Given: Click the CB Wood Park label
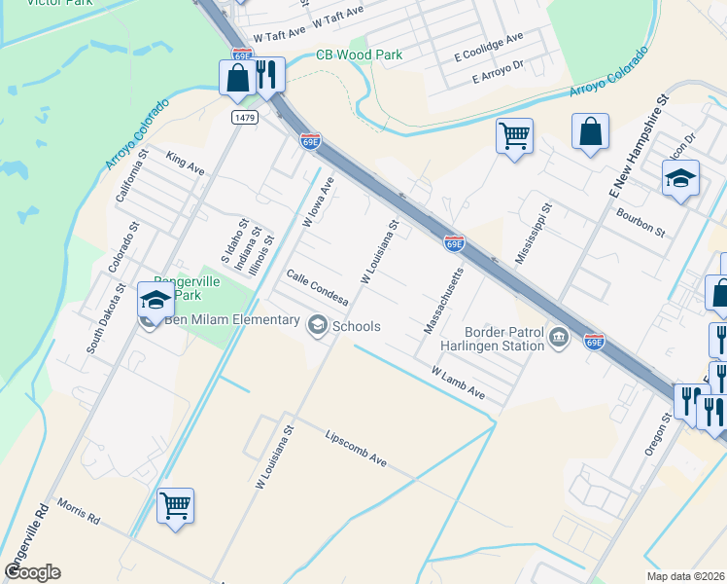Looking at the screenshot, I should tap(359, 55).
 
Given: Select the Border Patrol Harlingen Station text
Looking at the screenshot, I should tap(503, 338).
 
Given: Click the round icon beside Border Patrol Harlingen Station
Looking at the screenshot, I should tap(558, 337).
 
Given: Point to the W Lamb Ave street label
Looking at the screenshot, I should tap(457, 382).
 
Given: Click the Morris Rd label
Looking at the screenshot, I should tap(79, 513).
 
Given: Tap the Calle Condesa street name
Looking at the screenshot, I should tap(316, 288).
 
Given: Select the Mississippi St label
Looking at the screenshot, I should tap(534, 234).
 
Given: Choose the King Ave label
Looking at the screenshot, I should tap(185, 163).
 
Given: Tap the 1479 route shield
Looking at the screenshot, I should tap(244, 117).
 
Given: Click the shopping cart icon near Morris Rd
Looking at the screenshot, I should tap(175, 505).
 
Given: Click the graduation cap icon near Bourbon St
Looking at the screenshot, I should tap(680, 177).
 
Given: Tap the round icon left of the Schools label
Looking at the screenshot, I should tap(318, 326).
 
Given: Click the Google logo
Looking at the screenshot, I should tap(32, 572).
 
